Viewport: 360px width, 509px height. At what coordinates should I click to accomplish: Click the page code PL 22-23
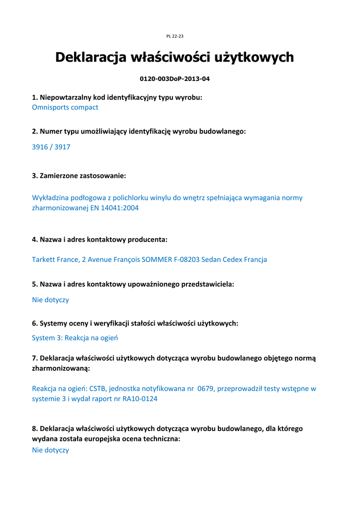[x=175, y=36]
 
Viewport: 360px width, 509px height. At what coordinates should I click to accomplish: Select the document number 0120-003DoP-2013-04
[x=171, y=79]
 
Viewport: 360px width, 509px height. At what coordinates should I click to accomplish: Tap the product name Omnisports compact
[x=65, y=107]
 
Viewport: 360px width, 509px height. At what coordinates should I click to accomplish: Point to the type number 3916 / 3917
[x=51, y=147]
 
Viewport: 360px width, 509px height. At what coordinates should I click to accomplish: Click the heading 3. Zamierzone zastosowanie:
[x=79, y=175]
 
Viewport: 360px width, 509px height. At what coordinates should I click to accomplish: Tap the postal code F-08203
[x=187, y=259]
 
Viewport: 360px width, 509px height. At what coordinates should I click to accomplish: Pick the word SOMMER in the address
[x=157, y=259]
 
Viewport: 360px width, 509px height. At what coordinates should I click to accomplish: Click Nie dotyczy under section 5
[x=50, y=300]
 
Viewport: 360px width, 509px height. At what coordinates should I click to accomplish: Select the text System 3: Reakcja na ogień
[x=75, y=338]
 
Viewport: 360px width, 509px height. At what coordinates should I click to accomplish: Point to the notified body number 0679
[x=205, y=389]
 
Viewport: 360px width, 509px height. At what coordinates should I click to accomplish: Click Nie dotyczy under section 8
[x=50, y=450]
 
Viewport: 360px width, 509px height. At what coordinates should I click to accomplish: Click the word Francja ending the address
[x=254, y=259]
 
